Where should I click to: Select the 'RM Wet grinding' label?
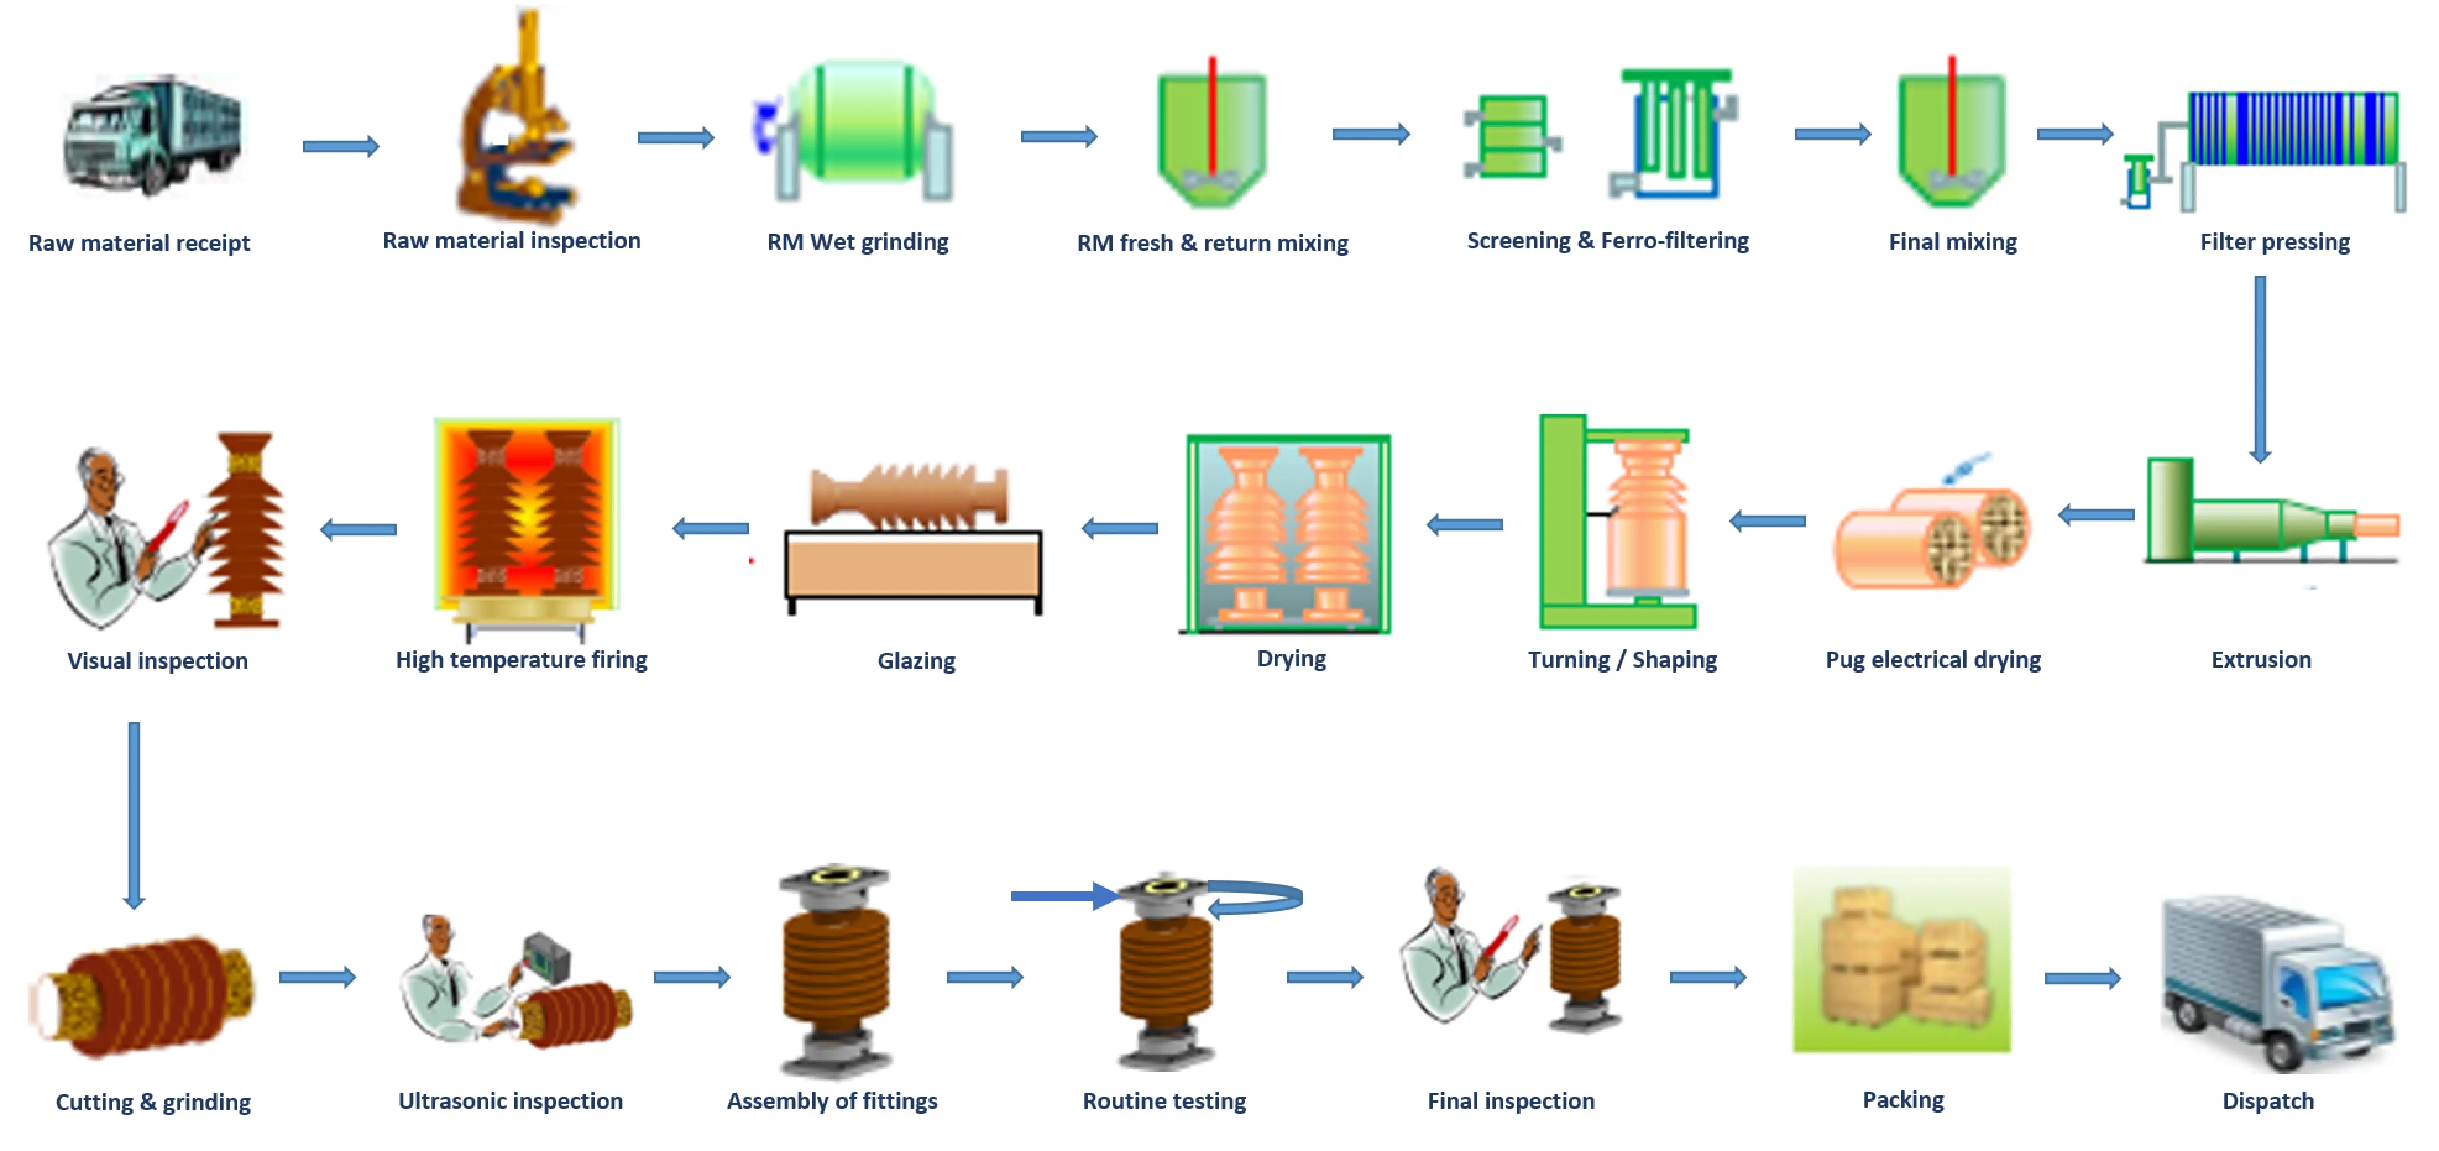(857, 242)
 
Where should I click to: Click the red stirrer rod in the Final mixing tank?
(1951, 114)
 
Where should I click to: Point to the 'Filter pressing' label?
(2274, 242)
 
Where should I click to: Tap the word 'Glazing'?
(915, 661)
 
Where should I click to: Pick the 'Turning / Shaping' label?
(1622, 660)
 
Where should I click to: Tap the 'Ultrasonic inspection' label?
(511, 1101)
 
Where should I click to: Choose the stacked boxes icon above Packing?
(1901, 960)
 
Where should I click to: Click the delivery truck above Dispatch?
(2276, 984)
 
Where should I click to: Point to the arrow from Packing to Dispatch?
(2082, 978)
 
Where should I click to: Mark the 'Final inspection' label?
(1510, 1101)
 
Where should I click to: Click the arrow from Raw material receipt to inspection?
(341, 147)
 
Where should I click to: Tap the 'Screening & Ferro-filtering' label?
(1607, 241)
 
